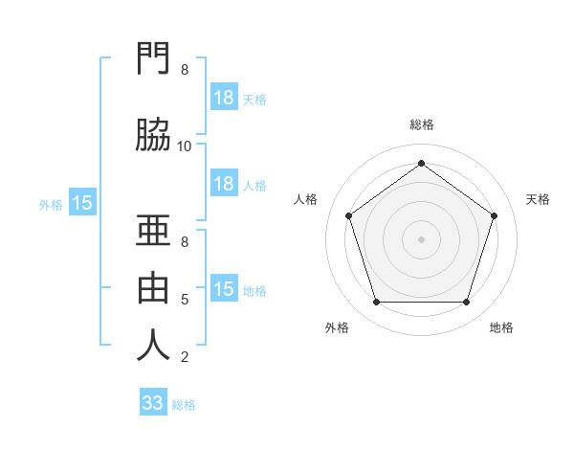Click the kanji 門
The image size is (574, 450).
154,59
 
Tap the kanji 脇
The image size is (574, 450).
154,135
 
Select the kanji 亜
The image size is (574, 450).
154,230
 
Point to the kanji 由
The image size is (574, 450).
154,286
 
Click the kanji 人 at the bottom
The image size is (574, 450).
154,345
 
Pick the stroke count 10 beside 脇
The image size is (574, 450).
185,146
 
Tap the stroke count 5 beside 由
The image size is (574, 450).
185,300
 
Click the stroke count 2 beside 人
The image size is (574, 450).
185,357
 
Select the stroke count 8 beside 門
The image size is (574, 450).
185,70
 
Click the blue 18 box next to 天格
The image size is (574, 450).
224,98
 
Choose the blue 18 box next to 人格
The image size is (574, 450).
224,184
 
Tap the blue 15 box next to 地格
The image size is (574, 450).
224,289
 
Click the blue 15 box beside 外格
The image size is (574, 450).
82,203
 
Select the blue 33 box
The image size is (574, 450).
153,403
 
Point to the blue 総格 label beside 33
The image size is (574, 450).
184,405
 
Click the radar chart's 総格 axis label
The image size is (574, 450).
421,124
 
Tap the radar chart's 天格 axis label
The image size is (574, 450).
538,199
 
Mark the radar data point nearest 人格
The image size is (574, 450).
348,215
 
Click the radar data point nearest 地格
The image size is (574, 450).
466,303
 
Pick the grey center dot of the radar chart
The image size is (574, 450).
421,238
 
